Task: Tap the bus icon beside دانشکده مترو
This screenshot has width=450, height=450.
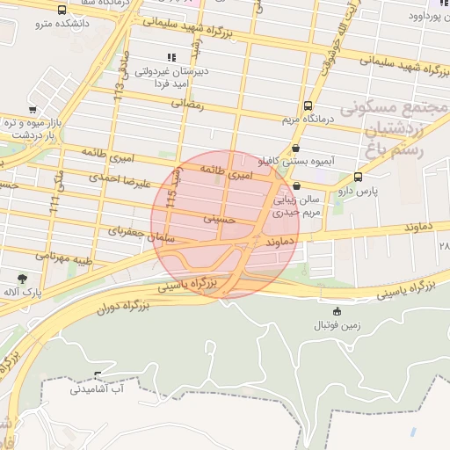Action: [61, 10]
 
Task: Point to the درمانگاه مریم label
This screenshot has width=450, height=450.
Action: [305, 119]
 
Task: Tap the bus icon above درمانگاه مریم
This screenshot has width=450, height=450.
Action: [307, 105]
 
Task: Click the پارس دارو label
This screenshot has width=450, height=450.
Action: [359, 190]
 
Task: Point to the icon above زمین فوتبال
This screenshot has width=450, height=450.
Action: [337, 311]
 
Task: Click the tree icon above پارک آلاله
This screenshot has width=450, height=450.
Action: [22, 278]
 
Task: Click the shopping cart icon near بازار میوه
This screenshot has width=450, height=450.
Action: [33, 110]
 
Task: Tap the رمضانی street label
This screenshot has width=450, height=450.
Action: [190, 105]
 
